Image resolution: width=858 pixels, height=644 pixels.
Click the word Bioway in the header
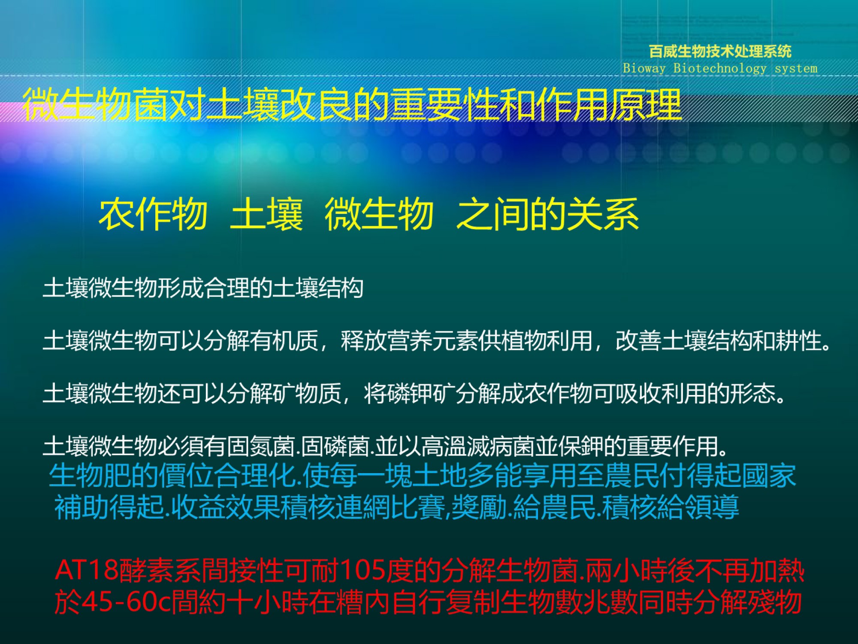tap(644, 68)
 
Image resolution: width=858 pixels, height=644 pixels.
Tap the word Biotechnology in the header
tap(719, 68)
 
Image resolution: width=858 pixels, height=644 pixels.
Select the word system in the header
tap(796, 68)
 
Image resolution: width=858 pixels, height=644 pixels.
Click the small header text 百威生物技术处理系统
tap(720, 52)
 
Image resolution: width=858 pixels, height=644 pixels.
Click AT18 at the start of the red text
tap(87, 571)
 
